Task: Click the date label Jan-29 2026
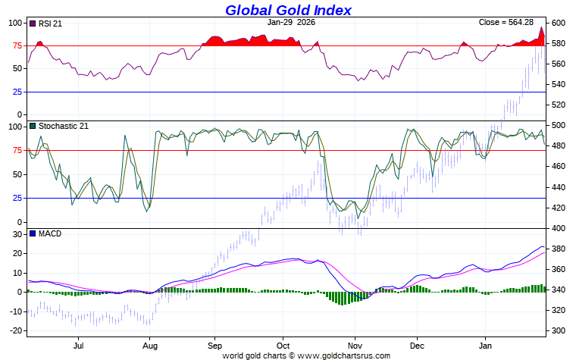(x=292, y=23)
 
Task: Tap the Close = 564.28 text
(x=506, y=23)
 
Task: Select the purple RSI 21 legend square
(x=32, y=23)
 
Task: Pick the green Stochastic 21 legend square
(x=32, y=127)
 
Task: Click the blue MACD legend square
(x=32, y=233)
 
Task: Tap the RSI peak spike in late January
(x=542, y=29)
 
